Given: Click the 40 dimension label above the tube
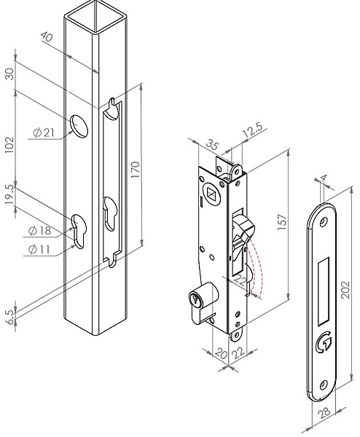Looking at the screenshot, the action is (47, 36).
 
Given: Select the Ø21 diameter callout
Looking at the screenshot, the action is (44, 133).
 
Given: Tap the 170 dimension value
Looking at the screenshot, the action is (135, 170).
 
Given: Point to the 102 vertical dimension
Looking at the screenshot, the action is (9, 144).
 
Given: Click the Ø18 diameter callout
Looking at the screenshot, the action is (40, 231).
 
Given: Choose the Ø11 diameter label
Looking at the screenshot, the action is (39, 249).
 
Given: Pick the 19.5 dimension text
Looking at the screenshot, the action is (9, 194).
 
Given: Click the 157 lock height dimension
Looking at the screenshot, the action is (282, 222).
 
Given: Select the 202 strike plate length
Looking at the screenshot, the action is (345, 290).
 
